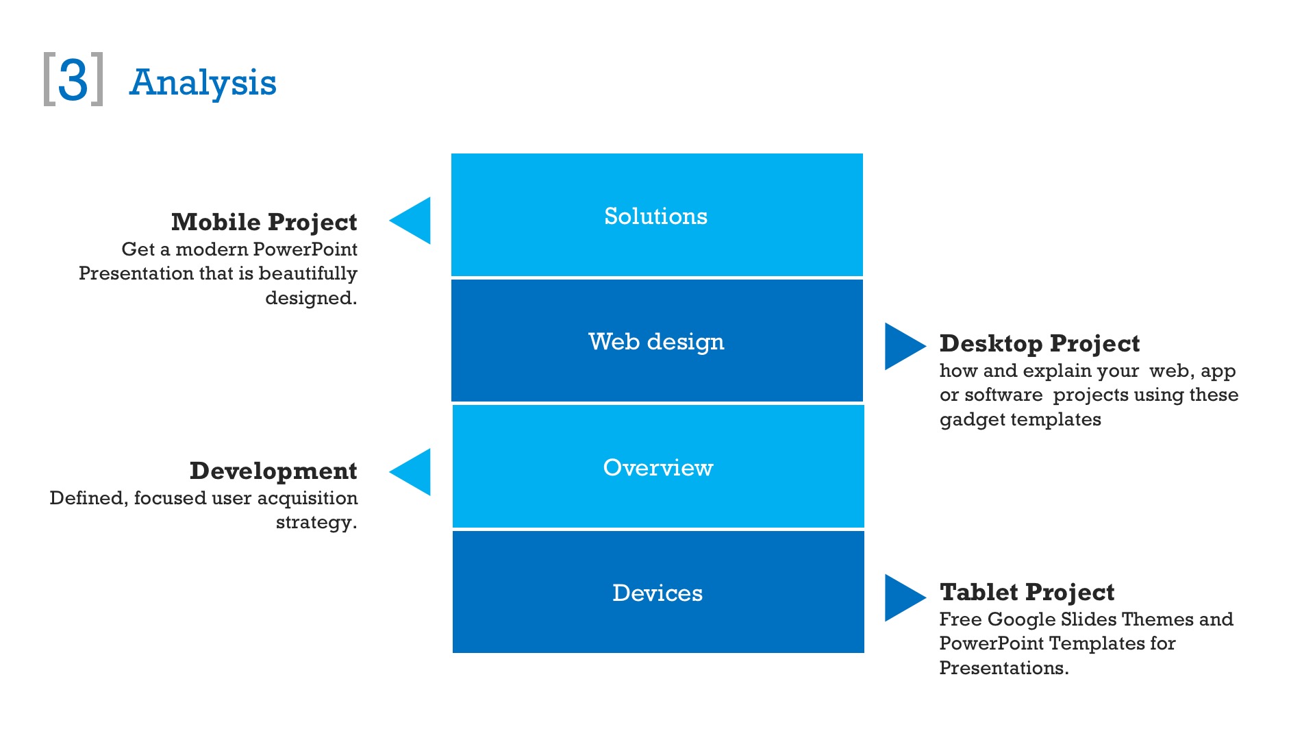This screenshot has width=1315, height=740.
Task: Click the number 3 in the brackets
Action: pyautogui.click(x=73, y=80)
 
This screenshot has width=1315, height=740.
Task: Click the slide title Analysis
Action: pyautogui.click(x=203, y=83)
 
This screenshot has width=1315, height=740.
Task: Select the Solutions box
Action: pyautogui.click(x=656, y=215)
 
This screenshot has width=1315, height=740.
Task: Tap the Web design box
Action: pyautogui.click(x=656, y=341)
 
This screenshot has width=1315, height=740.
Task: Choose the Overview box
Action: pyautogui.click(x=657, y=467)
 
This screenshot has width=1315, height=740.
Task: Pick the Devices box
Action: pyautogui.click(x=657, y=592)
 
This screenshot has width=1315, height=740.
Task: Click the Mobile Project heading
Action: pyautogui.click(x=264, y=222)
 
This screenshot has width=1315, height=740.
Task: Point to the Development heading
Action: pyautogui.click(x=273, y=471)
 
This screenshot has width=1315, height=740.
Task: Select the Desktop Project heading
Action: pyautogui.click(x=1039, y=343)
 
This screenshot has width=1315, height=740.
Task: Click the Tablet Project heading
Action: pyautogui.click(x=1027, y=592)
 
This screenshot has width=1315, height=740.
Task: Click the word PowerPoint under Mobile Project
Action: pyautogui.click(x=305, y=249)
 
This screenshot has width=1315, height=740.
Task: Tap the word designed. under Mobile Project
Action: pyautogui.click(x=311, y=298)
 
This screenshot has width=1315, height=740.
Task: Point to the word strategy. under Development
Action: pyautogui.click(x=316, y=522)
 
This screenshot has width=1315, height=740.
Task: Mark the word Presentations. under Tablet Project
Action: pyautogui.click(x=1003, y=668)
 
